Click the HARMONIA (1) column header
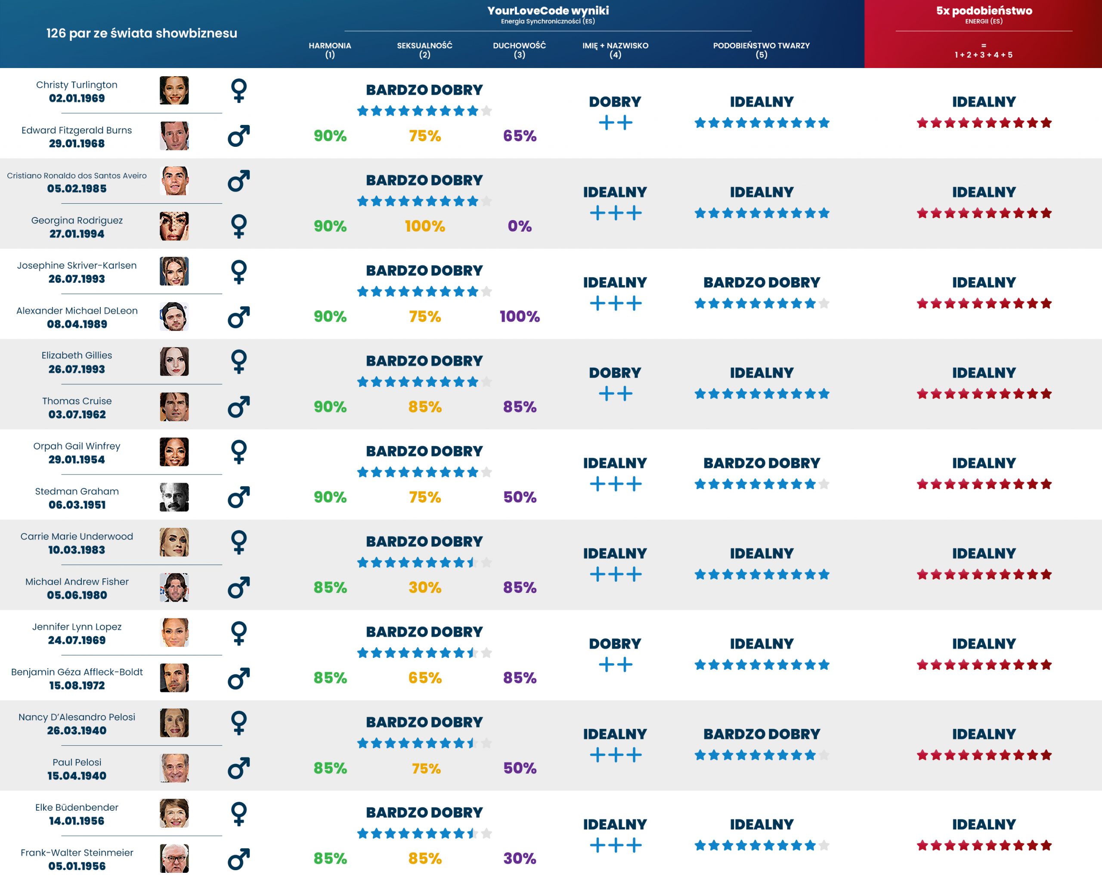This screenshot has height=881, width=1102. coord(330,50)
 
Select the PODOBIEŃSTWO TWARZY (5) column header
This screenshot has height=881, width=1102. coord(761,50)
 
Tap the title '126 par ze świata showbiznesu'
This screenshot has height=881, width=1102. coord(142,33)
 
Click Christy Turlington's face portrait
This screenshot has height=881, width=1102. coord(174,90)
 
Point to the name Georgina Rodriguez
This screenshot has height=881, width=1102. coord(77,220)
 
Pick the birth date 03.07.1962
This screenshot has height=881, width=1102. coord(77,414)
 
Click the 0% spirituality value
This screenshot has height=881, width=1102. coord(519,226)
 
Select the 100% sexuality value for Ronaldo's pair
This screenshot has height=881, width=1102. coord(425,226)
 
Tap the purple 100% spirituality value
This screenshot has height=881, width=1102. coord(519,316)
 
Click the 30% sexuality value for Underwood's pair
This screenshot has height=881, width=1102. coord(425,587)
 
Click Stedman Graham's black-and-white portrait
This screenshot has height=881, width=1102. coord(174,497)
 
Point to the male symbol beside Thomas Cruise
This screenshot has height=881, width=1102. coord(239,407)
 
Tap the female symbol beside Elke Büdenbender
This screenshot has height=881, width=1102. coord(239,813)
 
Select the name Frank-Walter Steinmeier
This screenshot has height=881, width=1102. coord(77,853)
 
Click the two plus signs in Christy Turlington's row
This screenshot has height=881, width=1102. coord(615,123)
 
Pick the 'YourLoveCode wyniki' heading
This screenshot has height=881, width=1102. coord(548,11)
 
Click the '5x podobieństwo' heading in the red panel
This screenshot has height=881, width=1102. coord(984,11)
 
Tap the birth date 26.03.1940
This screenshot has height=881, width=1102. coord(77,730)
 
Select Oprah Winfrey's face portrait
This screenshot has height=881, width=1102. coord(174,452)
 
